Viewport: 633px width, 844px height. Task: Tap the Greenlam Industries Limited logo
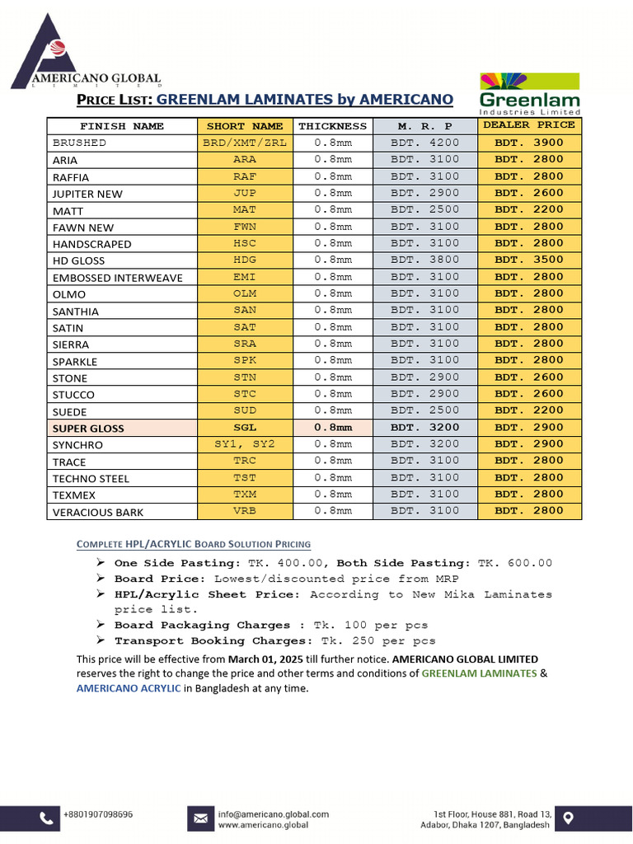click(530, 93)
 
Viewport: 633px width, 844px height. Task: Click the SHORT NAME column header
click(244, 126)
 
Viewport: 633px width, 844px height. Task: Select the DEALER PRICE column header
click(529, 125)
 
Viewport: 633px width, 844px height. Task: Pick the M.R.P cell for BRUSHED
click(424, 143)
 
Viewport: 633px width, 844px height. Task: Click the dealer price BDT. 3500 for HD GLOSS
click(529, 260)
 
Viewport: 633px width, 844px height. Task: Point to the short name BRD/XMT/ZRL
click(244, 143)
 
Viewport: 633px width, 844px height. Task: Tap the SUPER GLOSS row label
click(88, 429)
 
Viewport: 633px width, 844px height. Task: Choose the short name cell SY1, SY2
click(244, 444)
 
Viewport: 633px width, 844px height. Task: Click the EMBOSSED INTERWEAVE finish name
click(118, 278)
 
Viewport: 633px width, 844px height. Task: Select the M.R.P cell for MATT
click(424, 209)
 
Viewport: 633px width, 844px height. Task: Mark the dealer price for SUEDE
click(529, 410)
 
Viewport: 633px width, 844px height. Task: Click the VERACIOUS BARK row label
click(98, 512)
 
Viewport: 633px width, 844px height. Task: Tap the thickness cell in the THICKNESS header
click(332, 126)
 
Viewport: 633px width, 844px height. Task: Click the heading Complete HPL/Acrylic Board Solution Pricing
click(194, 544)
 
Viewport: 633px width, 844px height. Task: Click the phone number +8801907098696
click(97, 814)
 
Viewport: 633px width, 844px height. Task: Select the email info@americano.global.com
click(273, 814)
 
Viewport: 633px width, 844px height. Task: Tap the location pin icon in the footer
click(569, 818)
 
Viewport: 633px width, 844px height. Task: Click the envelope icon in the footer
click(200, 818)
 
